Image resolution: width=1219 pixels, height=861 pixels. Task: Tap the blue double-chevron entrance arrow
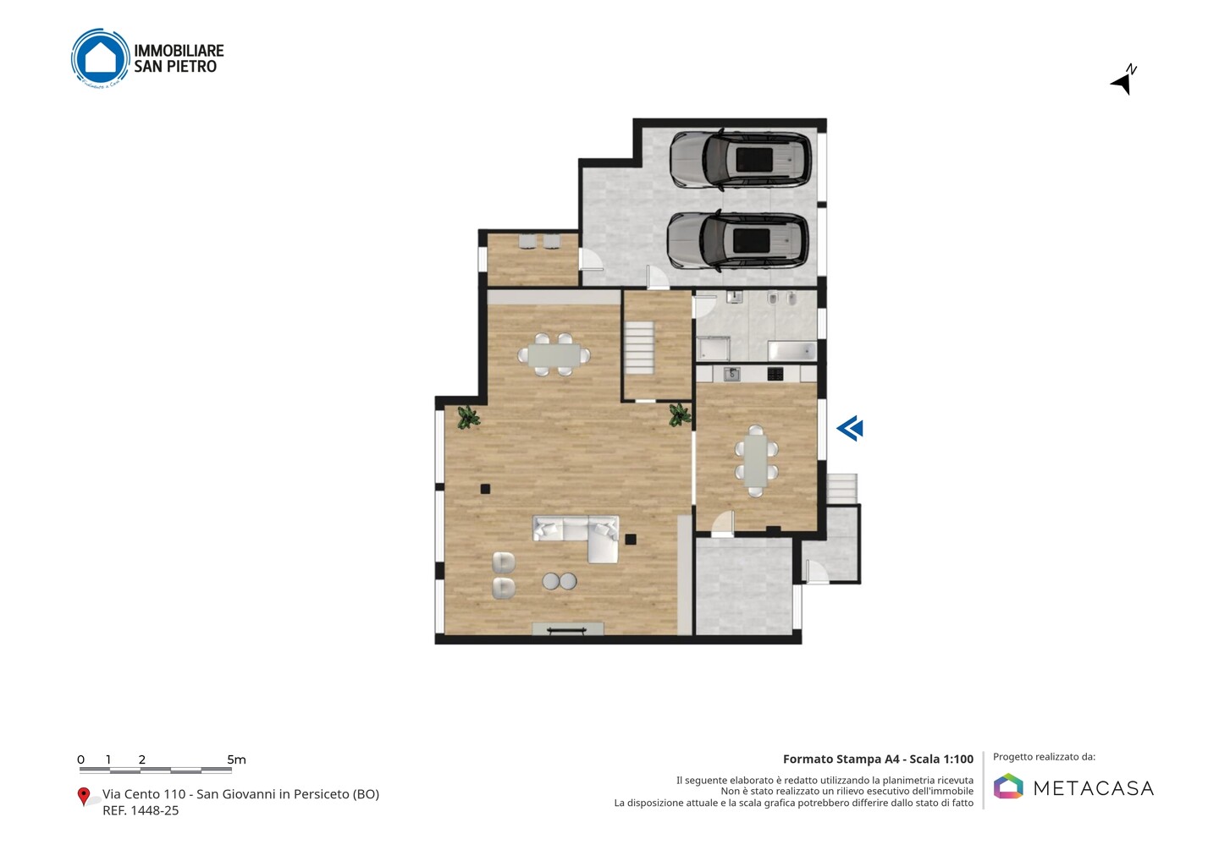[850, 429]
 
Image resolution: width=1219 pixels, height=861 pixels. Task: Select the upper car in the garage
[741, 159]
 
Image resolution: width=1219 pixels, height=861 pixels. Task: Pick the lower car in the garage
[738, 241]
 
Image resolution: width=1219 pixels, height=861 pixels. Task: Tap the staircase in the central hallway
[639, 348]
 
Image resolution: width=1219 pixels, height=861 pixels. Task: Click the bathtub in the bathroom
[792, 351]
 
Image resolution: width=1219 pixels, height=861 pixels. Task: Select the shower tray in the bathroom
[713, 349]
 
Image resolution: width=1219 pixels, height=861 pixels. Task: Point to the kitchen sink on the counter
[732, 374]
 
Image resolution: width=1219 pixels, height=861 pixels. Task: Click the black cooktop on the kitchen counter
[775, 374]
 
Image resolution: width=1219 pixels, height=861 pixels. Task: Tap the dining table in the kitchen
[756, 461]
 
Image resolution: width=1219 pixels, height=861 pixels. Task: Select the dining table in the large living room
[554, 355]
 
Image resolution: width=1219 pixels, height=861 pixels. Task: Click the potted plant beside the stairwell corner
[680, 414]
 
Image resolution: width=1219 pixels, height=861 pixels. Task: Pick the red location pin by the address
[83, 797]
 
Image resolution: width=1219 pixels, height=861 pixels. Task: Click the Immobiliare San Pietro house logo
[101, 58]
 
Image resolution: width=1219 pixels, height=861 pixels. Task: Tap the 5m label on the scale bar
[237, 760]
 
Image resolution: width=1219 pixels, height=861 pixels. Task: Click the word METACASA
[1094, 788]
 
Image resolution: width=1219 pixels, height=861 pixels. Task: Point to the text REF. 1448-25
[141, 810]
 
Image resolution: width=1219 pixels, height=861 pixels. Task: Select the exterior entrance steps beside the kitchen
[842, 489]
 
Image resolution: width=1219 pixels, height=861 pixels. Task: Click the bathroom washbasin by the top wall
[735, 297]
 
